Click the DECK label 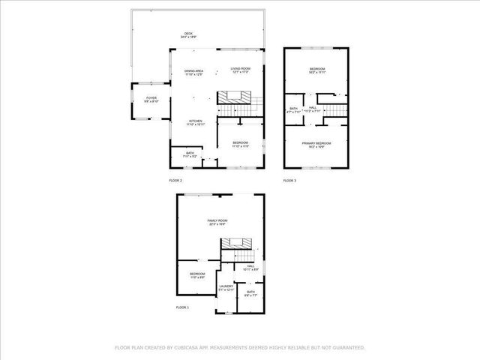pos(188,33)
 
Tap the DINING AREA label pos(195,71)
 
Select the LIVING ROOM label pos(240,68)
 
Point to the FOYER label pos(151,97)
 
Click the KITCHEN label pos(195,121)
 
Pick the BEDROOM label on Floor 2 pos(240,142)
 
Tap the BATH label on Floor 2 pos(190,153)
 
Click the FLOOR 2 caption pos(175,181)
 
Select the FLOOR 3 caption pos(289,181)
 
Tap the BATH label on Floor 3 pos(293,109)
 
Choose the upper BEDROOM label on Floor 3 pos(316,70)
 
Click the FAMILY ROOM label pos(217,220)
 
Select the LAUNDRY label pos(226,286)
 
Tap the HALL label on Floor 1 pos(250,265)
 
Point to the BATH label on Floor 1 pos(250,292)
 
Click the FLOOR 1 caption pos(182,307)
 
